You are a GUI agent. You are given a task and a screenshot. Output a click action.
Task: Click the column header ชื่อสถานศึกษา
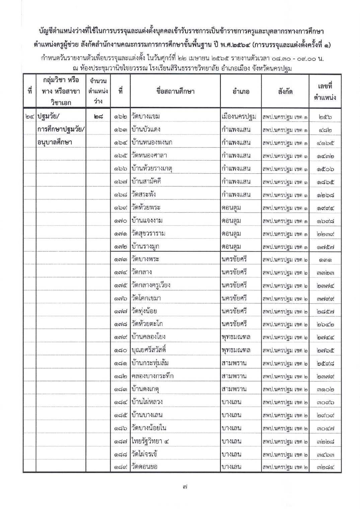(x=175, y=91)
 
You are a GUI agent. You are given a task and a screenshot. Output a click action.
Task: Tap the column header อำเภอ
(x=241, y=91)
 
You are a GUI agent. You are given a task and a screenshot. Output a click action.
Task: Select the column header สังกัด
(x=285, y=91)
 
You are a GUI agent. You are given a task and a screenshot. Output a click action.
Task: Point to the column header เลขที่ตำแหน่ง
(x=325, y=92)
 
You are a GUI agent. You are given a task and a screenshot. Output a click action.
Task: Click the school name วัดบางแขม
(x=146, y=116)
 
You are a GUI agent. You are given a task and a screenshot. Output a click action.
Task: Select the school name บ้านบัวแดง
(x=146, y=130)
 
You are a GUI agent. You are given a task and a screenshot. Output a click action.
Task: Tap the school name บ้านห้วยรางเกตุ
(x=152, y=168)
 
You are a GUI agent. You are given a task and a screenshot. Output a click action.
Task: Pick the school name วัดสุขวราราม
(x=148, y=233)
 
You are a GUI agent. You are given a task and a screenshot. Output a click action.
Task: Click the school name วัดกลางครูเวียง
(x=151, y=285)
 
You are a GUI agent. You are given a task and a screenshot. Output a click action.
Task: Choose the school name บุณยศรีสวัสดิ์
(x=149, y=350)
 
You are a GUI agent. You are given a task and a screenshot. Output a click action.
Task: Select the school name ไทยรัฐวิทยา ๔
(x=150, y=441)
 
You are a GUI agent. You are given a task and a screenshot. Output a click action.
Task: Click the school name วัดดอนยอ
(x=145, y=467)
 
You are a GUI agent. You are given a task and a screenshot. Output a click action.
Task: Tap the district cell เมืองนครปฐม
(x=239, y=116)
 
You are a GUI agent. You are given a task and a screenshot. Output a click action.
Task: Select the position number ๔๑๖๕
(x=325, y=143)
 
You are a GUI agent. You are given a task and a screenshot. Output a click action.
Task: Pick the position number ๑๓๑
(x=325, y=259)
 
